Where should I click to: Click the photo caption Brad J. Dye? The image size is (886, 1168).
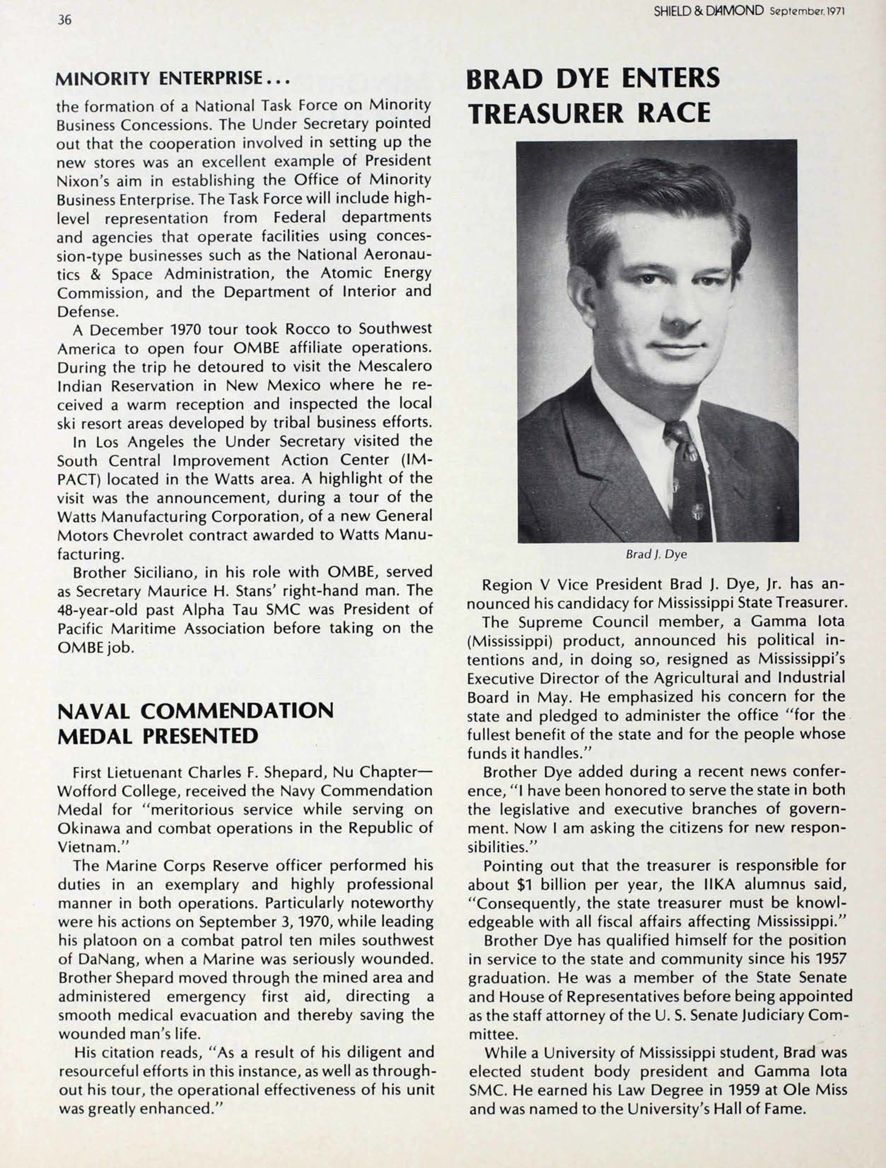(656, 555)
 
